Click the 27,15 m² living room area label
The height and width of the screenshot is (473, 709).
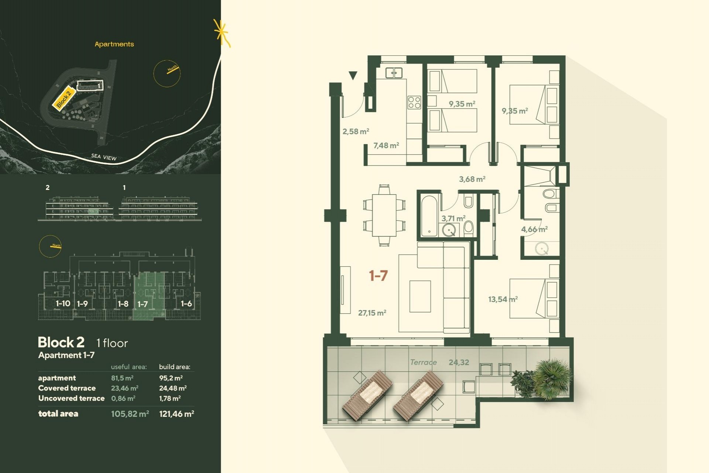tap(372, 313)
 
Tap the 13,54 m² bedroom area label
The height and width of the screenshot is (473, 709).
tap(503, 299)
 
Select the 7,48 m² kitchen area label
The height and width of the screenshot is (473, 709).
tap(386, 146)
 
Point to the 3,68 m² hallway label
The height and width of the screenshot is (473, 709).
tap(472, 179)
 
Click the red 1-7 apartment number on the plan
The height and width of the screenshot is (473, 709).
tap(378, 276)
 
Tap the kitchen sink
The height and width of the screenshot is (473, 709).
tap(394, 73)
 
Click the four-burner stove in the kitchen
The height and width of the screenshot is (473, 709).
tap(414, 102)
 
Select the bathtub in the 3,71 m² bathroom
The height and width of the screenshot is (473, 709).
tap(429, 215)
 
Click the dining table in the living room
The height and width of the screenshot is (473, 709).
tap(384, 215)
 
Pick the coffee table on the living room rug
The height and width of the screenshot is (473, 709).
tap(420, 296)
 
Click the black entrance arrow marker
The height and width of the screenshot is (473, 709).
tap(353, 75)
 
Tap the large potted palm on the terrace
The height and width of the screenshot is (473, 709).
tap(552, 378)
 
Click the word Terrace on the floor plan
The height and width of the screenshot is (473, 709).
tap(423, 363)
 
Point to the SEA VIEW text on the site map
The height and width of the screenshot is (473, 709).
tap(104, 157)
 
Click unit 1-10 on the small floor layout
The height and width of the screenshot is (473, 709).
tap(63, 304)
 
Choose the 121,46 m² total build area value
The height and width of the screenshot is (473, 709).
tap(177, 414)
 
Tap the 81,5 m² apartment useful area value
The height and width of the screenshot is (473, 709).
tap(122, 378)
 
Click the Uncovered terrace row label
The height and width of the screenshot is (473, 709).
tap(71, 398)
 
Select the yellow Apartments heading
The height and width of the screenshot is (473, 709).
tap(114, 44)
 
